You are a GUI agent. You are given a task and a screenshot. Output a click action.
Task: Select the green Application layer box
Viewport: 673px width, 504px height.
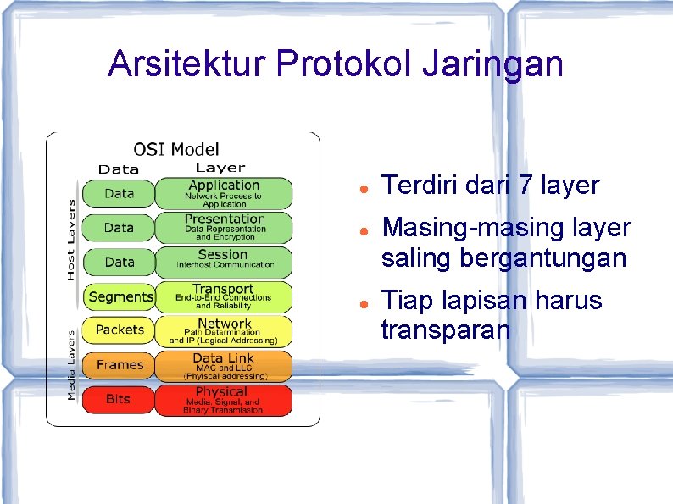[224, 193]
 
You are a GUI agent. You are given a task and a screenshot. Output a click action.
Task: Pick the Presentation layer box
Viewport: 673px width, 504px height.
[224, 228]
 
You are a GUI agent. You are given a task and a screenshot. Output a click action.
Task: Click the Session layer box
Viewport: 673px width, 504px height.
[224, 262]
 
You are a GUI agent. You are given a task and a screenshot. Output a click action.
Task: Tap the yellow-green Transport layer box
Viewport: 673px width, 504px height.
[224, 296]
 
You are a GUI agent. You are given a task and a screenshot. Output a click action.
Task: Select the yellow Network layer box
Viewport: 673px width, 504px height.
[224, 331]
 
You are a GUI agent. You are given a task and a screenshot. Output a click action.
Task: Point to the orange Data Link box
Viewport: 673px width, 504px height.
[224, 366]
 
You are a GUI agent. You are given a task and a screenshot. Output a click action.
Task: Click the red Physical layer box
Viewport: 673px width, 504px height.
[224, 400]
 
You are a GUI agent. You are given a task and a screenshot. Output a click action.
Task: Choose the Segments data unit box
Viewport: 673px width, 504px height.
[120, 296]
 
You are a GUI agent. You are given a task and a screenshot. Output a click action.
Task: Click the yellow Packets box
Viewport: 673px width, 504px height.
[120, 330]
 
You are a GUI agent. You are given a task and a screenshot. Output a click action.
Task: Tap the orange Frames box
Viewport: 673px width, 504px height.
[120, 365]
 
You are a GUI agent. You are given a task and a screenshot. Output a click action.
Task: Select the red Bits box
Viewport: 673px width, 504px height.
[120, 399]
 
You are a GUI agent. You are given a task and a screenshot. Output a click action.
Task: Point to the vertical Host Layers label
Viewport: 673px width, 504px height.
[71, 240]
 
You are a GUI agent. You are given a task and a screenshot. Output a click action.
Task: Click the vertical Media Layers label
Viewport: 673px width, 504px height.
[71, 365]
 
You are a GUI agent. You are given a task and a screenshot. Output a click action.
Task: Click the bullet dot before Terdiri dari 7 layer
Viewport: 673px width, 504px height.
[362, 186]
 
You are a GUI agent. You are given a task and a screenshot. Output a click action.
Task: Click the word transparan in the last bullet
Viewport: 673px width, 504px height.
[446, 330]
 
